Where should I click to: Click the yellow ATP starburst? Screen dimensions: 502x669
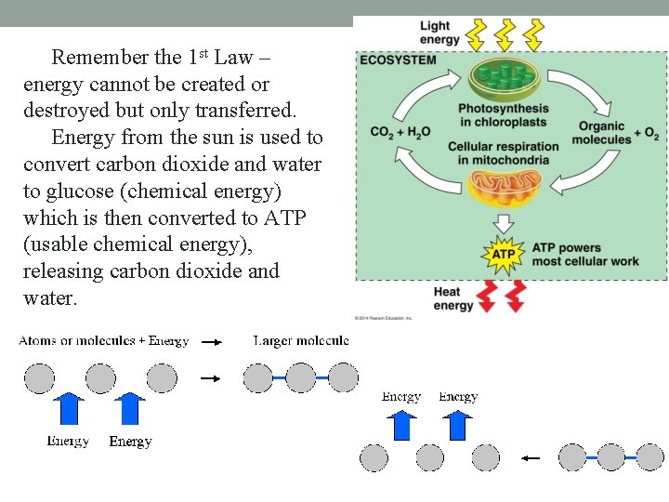tap(503, 255)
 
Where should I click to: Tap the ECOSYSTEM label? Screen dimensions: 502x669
tap(397, 59)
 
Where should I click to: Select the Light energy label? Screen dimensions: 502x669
tap(439, 33)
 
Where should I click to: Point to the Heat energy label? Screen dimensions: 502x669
tap(453, 298)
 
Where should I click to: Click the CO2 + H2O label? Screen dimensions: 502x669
tap(400, 132)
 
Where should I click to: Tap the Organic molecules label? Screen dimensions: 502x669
tap(601, 133)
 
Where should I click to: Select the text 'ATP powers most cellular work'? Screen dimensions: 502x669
tap(585, 255)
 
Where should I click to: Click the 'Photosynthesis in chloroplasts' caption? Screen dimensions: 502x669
tap(504, 115)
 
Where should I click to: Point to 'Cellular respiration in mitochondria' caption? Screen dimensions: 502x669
tap(504, 153)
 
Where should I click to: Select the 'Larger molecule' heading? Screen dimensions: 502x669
tap(301, 341)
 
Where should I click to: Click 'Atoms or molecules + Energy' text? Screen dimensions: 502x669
tap(104, 341)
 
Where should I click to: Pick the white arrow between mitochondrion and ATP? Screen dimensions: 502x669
tap(503, 223)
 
